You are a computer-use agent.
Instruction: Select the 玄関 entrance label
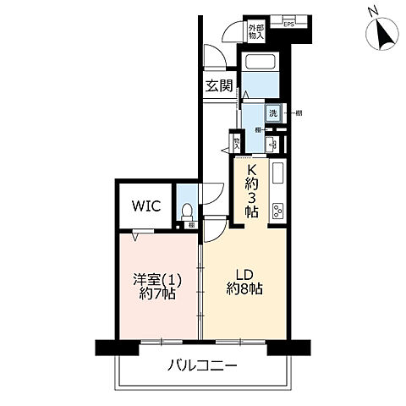point(220,85)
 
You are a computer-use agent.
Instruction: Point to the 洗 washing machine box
point(273,113)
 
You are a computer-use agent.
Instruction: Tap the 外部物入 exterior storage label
point(256,32)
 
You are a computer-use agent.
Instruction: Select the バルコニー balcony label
point(201,367)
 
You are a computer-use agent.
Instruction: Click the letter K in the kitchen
point(250,167)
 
